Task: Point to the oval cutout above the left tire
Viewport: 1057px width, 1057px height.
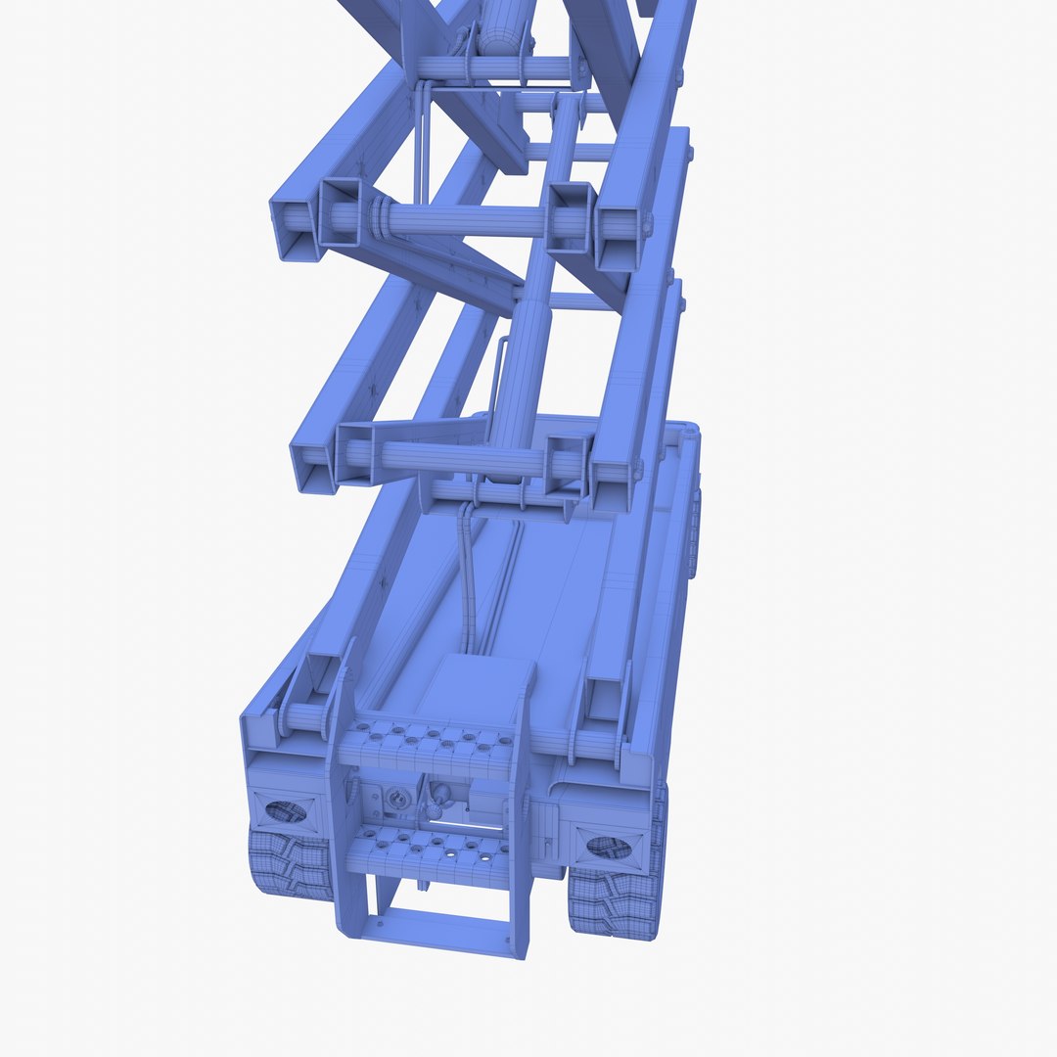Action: pyautogui.click(x=286, y=811)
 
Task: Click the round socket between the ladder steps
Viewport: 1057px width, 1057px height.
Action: pyautogui.click(x=398, y=799)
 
